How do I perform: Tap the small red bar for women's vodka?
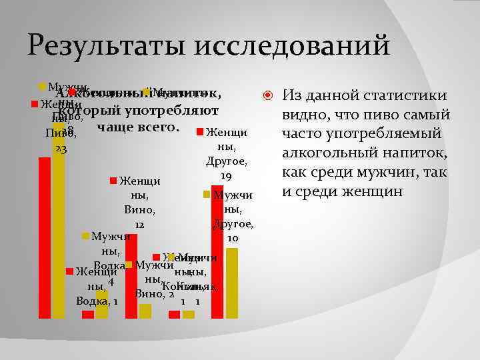(x=88, y=315)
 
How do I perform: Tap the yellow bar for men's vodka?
(x=101, y=304)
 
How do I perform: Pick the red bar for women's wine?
(x=131, y=276)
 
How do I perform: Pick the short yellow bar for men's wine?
(x=145, y=311)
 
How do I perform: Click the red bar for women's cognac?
(x=175, y=315)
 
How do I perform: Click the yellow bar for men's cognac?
(x=189, y=315)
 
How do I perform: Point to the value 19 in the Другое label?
(x=226, y=176)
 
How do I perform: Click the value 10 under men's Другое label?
(x=233, y=238)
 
